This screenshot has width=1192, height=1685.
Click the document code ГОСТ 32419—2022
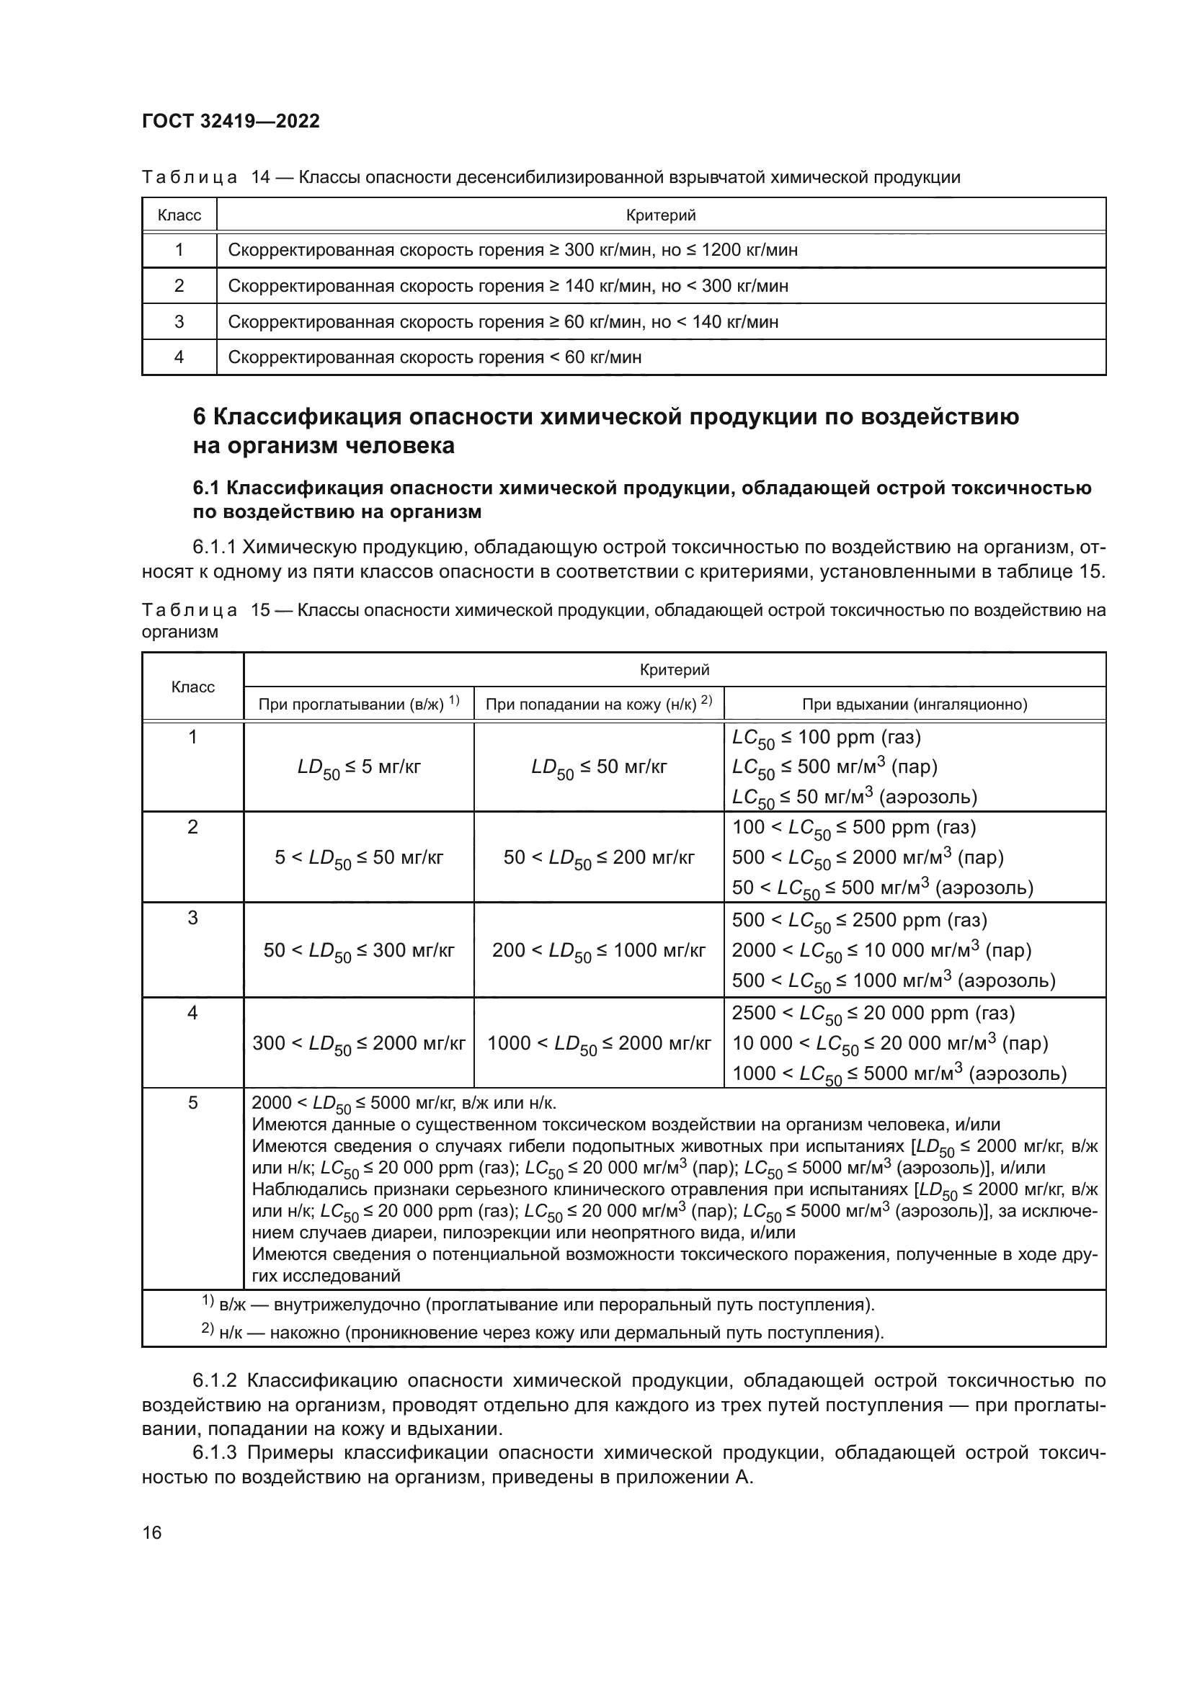coord(231,121)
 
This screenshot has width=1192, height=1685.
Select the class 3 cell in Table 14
coord(179,321)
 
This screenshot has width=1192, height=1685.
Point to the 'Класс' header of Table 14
coord(179,215)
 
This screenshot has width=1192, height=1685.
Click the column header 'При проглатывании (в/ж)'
coord(358,704)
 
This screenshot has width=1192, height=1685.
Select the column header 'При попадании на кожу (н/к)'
coord(598,704)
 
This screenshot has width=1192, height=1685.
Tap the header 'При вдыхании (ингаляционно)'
coord(914,705)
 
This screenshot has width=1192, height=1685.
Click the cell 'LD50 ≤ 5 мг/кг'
coord(358,768)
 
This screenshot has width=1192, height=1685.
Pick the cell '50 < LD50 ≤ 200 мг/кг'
coord(598,858)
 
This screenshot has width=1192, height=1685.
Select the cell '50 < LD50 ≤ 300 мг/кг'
coord(358,950)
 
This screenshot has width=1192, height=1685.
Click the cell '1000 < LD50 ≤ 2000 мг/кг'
coord(598,1044)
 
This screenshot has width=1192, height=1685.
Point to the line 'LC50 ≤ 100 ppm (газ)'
coord(826,738)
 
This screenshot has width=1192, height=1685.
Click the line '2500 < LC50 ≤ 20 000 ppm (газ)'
coord(873,1014)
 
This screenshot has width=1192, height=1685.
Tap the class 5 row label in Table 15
coord(192,1103)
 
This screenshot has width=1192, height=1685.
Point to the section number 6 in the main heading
coord(200,417)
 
